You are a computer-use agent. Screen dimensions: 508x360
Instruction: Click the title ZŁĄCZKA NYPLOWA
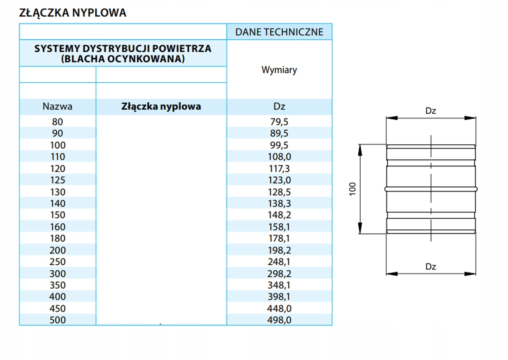(73, 13)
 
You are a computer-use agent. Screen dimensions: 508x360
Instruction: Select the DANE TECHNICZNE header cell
(279, 32)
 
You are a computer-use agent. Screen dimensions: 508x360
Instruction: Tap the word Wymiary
(279, 70)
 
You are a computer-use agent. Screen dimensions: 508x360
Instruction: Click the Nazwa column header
(57, 106)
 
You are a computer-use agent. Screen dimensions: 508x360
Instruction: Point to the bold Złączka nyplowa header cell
(161, 107)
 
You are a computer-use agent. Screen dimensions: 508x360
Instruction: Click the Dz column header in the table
(279, 106)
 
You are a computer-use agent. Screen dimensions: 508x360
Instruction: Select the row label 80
(57, 122)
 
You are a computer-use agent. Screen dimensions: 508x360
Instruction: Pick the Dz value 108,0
(279, 157)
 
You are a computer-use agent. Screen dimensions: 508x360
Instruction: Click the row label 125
(58, 180)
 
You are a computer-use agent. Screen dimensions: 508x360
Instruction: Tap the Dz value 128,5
(279, 192)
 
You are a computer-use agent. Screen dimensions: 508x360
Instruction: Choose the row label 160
(58, 227)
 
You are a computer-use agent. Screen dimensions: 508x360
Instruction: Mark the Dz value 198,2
(279, 250)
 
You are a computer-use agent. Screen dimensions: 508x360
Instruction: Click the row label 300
(58, 274)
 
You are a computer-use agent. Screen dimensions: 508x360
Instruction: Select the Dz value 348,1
(279, 285)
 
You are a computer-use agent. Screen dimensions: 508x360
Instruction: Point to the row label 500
(58, 320)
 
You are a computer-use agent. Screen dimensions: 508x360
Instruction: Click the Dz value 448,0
(279, 309)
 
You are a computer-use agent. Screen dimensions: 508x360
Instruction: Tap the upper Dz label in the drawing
(431, 110)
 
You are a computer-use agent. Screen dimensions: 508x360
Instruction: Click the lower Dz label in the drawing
(431, 267)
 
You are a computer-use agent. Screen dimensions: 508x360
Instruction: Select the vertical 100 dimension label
(352, 189)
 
